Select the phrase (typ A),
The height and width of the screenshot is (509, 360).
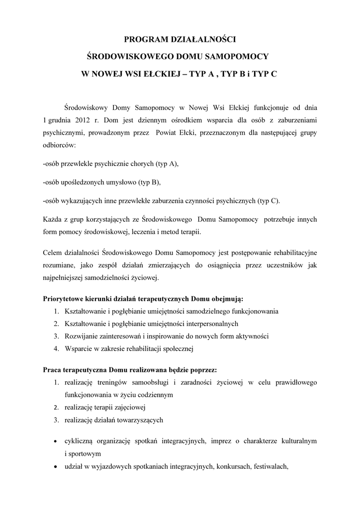[167, 164]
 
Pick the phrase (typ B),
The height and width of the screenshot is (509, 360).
[150, 182]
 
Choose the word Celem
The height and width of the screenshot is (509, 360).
[52, 253]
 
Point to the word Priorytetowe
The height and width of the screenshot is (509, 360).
[64, 299]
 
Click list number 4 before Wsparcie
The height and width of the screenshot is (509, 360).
[57, 348]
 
